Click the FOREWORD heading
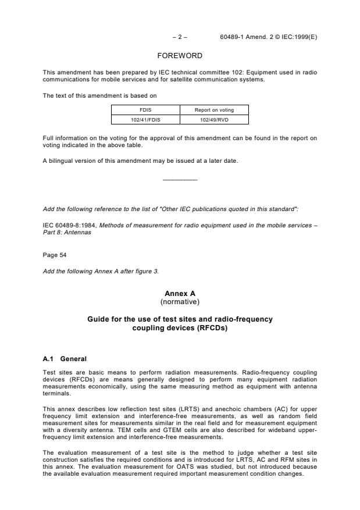point(180,56)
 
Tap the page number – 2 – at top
point(180,37)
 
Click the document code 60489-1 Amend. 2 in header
point(250,37)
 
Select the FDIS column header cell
point(145,109)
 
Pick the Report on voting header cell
point(215,109)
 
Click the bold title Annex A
point(180,294)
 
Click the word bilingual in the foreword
point(60,161)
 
